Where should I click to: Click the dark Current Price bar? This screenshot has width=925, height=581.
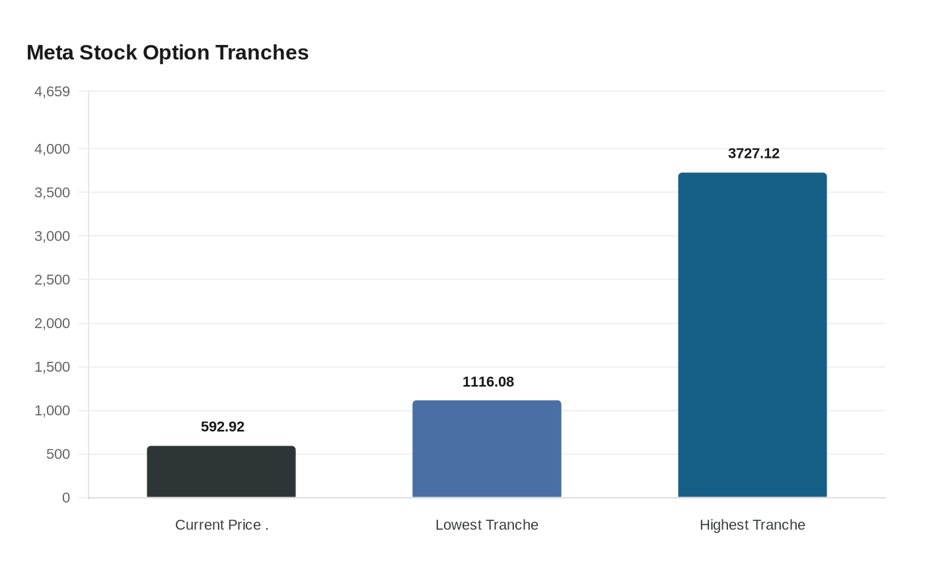(x=221, y=472)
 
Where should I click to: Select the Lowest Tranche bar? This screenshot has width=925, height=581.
(x=487, y=449)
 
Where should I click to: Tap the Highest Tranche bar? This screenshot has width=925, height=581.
(x=753, y=335)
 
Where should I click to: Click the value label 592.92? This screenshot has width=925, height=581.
(x=223, y=427)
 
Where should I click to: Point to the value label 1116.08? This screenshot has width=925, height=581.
(x=488, y=382)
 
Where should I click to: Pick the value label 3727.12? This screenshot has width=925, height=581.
(x=754, y=154)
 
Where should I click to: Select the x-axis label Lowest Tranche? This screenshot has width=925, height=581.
(x=487, y=525)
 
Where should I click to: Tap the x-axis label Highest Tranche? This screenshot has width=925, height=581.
(x=753, y=525)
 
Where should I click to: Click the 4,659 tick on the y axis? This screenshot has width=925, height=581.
(x=52, y=92)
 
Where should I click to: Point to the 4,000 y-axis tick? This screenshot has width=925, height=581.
(x=52, y=149)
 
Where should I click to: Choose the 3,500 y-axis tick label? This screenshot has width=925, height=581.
(x=52, y=193)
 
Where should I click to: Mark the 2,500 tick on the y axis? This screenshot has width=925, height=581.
(x=52, y=280)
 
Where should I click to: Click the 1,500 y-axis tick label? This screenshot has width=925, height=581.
(x=52, y=367)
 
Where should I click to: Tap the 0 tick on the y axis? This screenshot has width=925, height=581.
(x=66, y=498)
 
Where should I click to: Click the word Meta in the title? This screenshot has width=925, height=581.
(x=50, y=53)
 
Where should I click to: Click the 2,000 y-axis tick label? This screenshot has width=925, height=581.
(x=52, y=324)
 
